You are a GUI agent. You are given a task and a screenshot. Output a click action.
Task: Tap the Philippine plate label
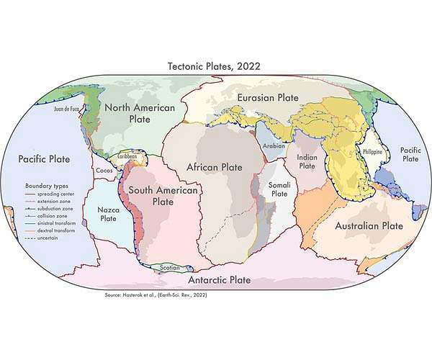tap(372, 152)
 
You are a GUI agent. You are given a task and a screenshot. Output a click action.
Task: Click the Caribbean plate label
tap(127, 154)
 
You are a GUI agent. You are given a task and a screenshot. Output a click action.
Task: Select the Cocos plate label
tap(104, 170)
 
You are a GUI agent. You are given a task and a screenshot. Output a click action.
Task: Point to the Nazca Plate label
tap(108, 213)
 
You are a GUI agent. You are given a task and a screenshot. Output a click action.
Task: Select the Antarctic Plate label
tap(219, 279)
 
